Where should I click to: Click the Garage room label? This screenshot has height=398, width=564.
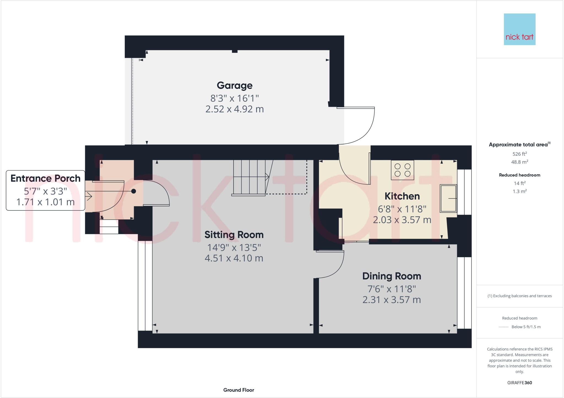[x=234, y=86]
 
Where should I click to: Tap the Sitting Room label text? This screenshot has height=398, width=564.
[x=234, y=235]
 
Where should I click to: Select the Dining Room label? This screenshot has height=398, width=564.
[x=391, y=276]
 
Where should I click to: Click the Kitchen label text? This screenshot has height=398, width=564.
[x=402, y=196]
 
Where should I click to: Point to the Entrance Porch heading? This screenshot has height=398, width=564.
[x=45, y=178]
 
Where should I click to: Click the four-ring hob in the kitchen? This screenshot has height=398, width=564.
[x=402, y=170]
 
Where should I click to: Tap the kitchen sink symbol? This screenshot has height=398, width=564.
[x=448, y=198]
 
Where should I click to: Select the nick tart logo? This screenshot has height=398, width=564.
[x=519, y=29]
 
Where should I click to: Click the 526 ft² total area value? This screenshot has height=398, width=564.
[x=519, y=154]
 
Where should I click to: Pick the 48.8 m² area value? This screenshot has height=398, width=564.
[x=519, y=162]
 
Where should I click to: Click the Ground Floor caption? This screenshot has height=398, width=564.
[x=238, y=390]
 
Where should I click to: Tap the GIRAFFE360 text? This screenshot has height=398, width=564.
[x=519, y=383]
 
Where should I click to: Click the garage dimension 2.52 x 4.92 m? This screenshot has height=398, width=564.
[x=234, y=109]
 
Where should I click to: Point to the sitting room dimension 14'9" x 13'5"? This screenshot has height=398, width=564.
[x=234, y=247]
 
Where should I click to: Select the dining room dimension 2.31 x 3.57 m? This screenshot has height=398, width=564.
[x=391, y=300]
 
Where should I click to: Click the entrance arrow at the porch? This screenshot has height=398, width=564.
[x=89, y=196]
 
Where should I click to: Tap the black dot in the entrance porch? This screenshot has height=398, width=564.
[x=134, y=191]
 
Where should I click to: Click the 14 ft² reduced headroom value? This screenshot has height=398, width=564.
[x=519, y=183]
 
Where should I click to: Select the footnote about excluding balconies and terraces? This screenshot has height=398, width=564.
[x=519, y=296]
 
